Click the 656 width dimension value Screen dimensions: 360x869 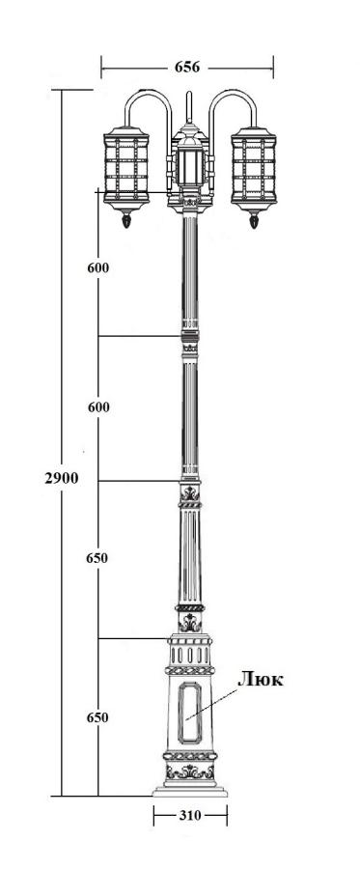click(187, 68)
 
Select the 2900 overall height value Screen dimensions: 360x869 click(62, 478)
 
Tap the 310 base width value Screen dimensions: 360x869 click(190, 816)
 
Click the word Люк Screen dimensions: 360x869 click(261, 680)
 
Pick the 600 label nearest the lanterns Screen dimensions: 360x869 click(98, 267)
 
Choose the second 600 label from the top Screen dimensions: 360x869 click(98, 407)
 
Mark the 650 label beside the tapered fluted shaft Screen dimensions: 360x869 click(97, 558)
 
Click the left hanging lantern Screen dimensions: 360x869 click(126, 169)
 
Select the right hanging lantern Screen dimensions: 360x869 click(254, 169)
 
